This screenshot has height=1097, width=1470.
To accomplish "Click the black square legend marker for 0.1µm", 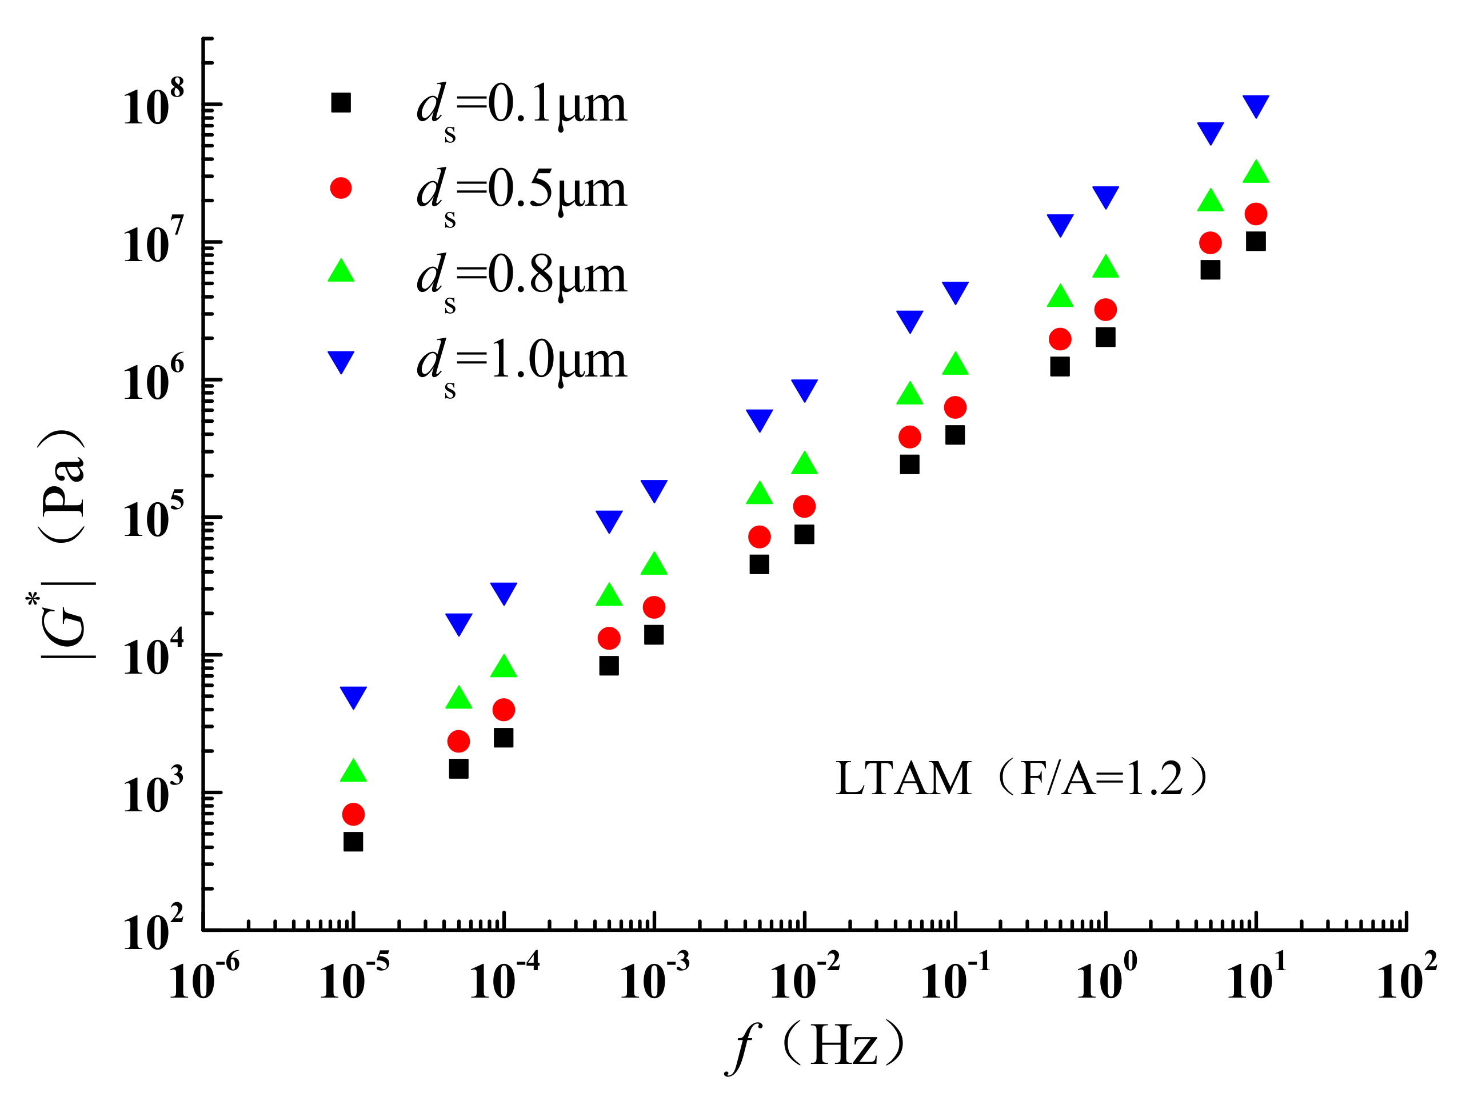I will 341,103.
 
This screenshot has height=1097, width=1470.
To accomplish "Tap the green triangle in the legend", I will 341,271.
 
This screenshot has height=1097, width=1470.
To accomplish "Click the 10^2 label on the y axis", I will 153,930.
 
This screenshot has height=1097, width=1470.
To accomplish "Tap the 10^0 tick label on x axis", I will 1105,979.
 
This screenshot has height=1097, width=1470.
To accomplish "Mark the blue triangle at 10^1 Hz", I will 1256,105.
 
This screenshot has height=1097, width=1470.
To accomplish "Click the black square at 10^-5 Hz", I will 353,842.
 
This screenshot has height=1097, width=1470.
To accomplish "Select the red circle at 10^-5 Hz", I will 353,814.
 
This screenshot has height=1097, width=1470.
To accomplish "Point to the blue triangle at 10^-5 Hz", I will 353,696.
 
